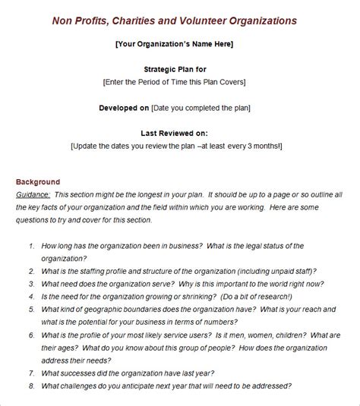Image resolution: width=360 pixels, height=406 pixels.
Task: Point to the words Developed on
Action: [x=124, y=108]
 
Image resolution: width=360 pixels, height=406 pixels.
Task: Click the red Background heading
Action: [x=38, y=182]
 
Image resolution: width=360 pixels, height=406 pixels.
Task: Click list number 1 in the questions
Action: [x=31, y=247]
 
